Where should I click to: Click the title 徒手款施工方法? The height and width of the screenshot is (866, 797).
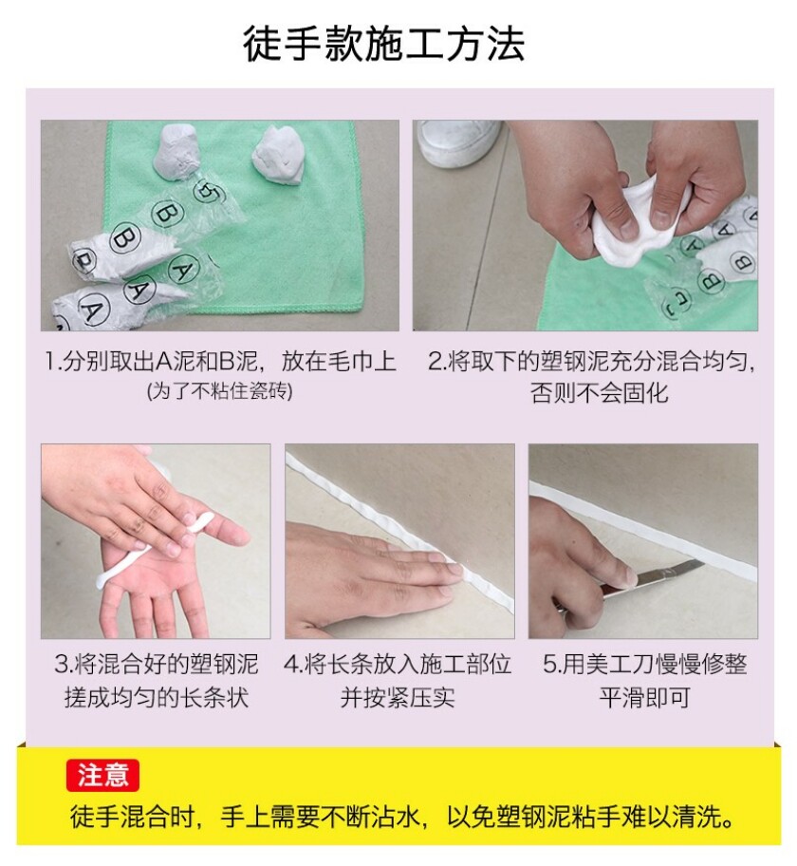pyautogui.click(x=383, y=43)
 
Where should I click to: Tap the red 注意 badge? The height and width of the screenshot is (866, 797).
pyautogui.click(x=102, y=775)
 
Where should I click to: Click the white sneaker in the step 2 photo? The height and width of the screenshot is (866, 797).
pyautogui.click(x=459, y=141)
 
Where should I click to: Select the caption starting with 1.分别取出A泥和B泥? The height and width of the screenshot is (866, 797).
pyautogui.click(x=220, y=361)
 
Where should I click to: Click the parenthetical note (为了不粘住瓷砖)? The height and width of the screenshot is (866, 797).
pyautogui.click(x=220, y=391)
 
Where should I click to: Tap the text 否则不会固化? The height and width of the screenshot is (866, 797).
pyautogui.click(x=600, y=393)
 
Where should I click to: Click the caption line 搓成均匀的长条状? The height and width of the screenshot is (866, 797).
pyautogui.click(x=157, y=697)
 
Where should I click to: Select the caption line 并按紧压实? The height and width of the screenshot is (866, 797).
pyautogui.click(x=398, y=697)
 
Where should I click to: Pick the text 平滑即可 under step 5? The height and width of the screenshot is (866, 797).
pyautogui.click(x=645, y=697)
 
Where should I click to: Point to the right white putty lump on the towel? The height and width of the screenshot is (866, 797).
pyautogui.click(x=280, y=155)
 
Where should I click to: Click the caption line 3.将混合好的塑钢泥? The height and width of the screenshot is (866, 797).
pyautogui.click(x=157, y=664)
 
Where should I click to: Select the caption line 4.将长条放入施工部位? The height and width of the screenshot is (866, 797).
pyautogui.click(x=398, y=664)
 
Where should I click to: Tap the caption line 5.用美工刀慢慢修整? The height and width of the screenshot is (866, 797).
pyautogui.click(x=644, y=664)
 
